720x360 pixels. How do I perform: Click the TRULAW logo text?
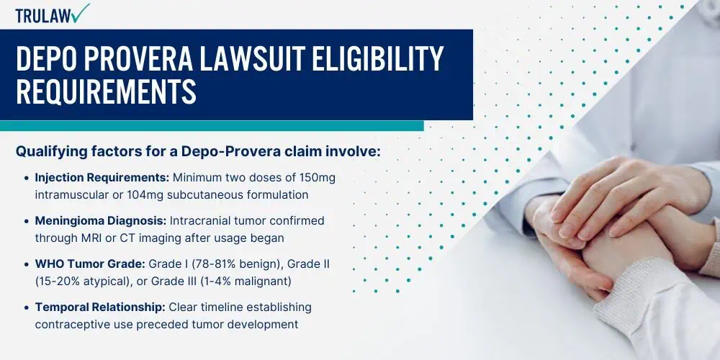(x=44, y=16)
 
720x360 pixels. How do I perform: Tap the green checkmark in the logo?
(x=81, y=13)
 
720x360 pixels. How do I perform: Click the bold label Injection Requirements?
(x=102, y=178)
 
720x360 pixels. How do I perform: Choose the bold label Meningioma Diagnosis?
(x=101, y=221)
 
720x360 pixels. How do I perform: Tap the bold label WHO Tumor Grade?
(x=90, y=264)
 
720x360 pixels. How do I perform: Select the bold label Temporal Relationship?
(x=100, y=307)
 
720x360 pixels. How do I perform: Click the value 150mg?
(x=317, y=178)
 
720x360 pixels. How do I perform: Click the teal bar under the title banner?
(x=212, y=126)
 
